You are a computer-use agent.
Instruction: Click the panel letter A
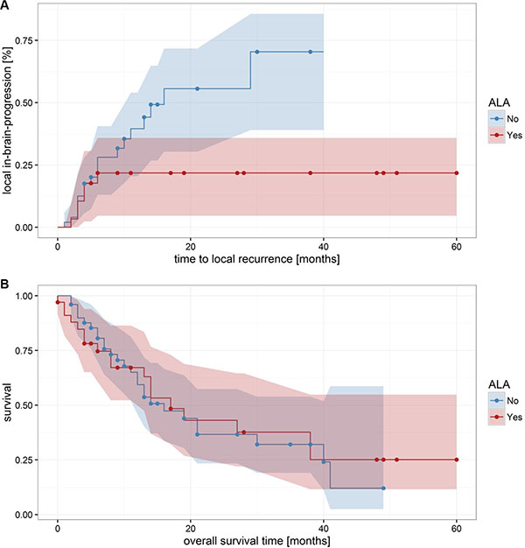[6, 7]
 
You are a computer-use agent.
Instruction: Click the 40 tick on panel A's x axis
[324, 247]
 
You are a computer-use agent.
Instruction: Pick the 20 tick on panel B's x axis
[191, 529]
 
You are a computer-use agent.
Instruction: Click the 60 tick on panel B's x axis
[457, 529]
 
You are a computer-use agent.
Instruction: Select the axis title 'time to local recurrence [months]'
[257, 260]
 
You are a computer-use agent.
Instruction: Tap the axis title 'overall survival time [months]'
[257, 542]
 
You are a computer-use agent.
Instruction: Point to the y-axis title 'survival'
[8, 404]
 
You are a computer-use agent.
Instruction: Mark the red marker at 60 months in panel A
[457, 172]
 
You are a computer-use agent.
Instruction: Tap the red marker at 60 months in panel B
[457, 460]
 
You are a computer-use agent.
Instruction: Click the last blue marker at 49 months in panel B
[383, 488]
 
